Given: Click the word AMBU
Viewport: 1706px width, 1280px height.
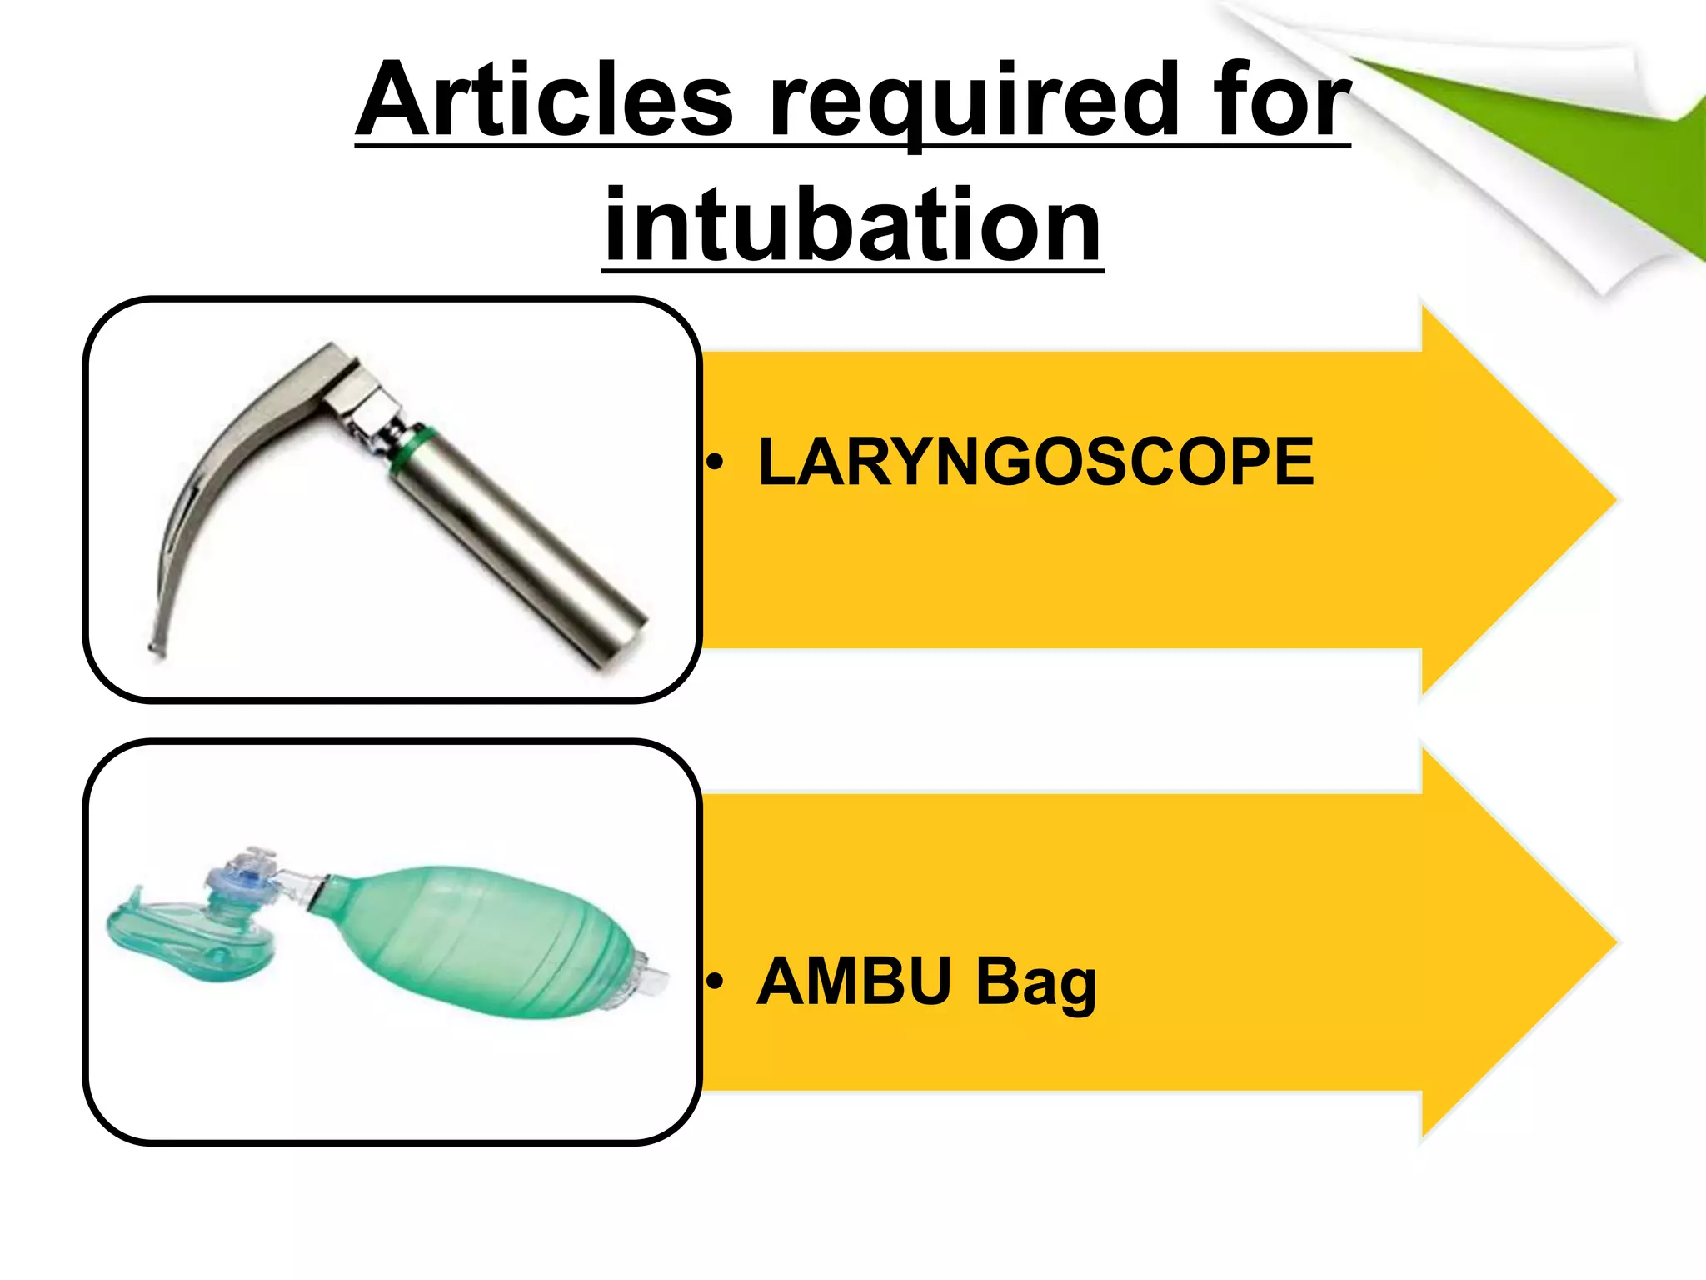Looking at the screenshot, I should click(x=855, y=982).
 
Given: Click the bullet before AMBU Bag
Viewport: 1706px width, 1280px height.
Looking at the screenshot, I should click(x=715, y=982).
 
